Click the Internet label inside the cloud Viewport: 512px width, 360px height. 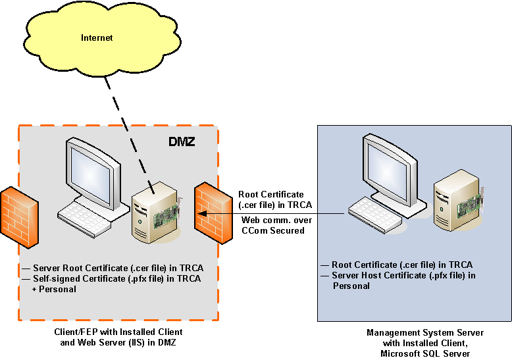97,38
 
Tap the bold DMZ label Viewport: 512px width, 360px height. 182,141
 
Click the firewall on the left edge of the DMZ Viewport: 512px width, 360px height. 16,217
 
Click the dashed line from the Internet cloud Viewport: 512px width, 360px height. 132,118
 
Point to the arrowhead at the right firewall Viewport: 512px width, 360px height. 202,213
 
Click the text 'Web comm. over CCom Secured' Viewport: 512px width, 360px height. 273,225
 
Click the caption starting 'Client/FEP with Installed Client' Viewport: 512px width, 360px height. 118,332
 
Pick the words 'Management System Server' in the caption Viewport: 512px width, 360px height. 425,332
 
